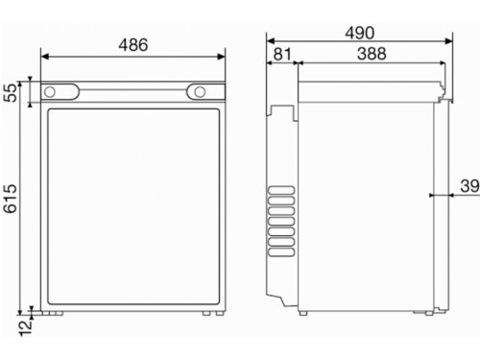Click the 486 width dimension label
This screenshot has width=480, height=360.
(133, 45)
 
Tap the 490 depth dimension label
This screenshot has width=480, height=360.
(360, 33)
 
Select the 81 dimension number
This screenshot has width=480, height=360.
(282, 54)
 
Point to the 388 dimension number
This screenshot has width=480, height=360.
(372, 54)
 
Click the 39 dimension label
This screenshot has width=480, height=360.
(469, 186)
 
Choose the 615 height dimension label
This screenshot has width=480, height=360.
(10, 199)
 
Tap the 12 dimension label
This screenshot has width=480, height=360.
(26, 328)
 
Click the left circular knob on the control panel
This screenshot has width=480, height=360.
(50, 92)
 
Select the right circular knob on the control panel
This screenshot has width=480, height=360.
(200, 92)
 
